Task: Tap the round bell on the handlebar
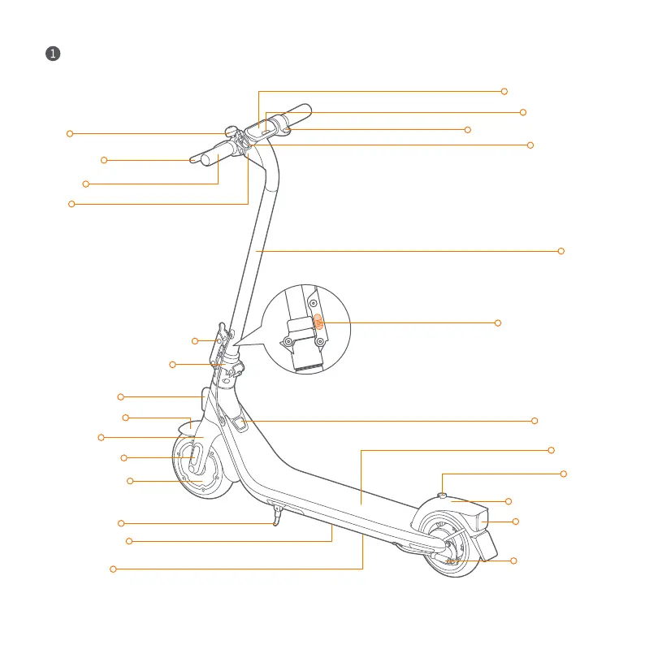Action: pyautogui.click(x=230, y=132)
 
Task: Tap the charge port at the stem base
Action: pyautogui.click(x=240, y=422)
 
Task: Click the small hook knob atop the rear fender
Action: pyautogui.click(x=441, y=494)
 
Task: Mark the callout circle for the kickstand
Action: pyautogui.click(x=121, y=522)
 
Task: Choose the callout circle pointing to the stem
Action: pyautogui.click(x=561, y=251)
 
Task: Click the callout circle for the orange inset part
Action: pyautogui.click(x=498, y=323)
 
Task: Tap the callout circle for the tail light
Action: pyautogui.click(x=515, y=521)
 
